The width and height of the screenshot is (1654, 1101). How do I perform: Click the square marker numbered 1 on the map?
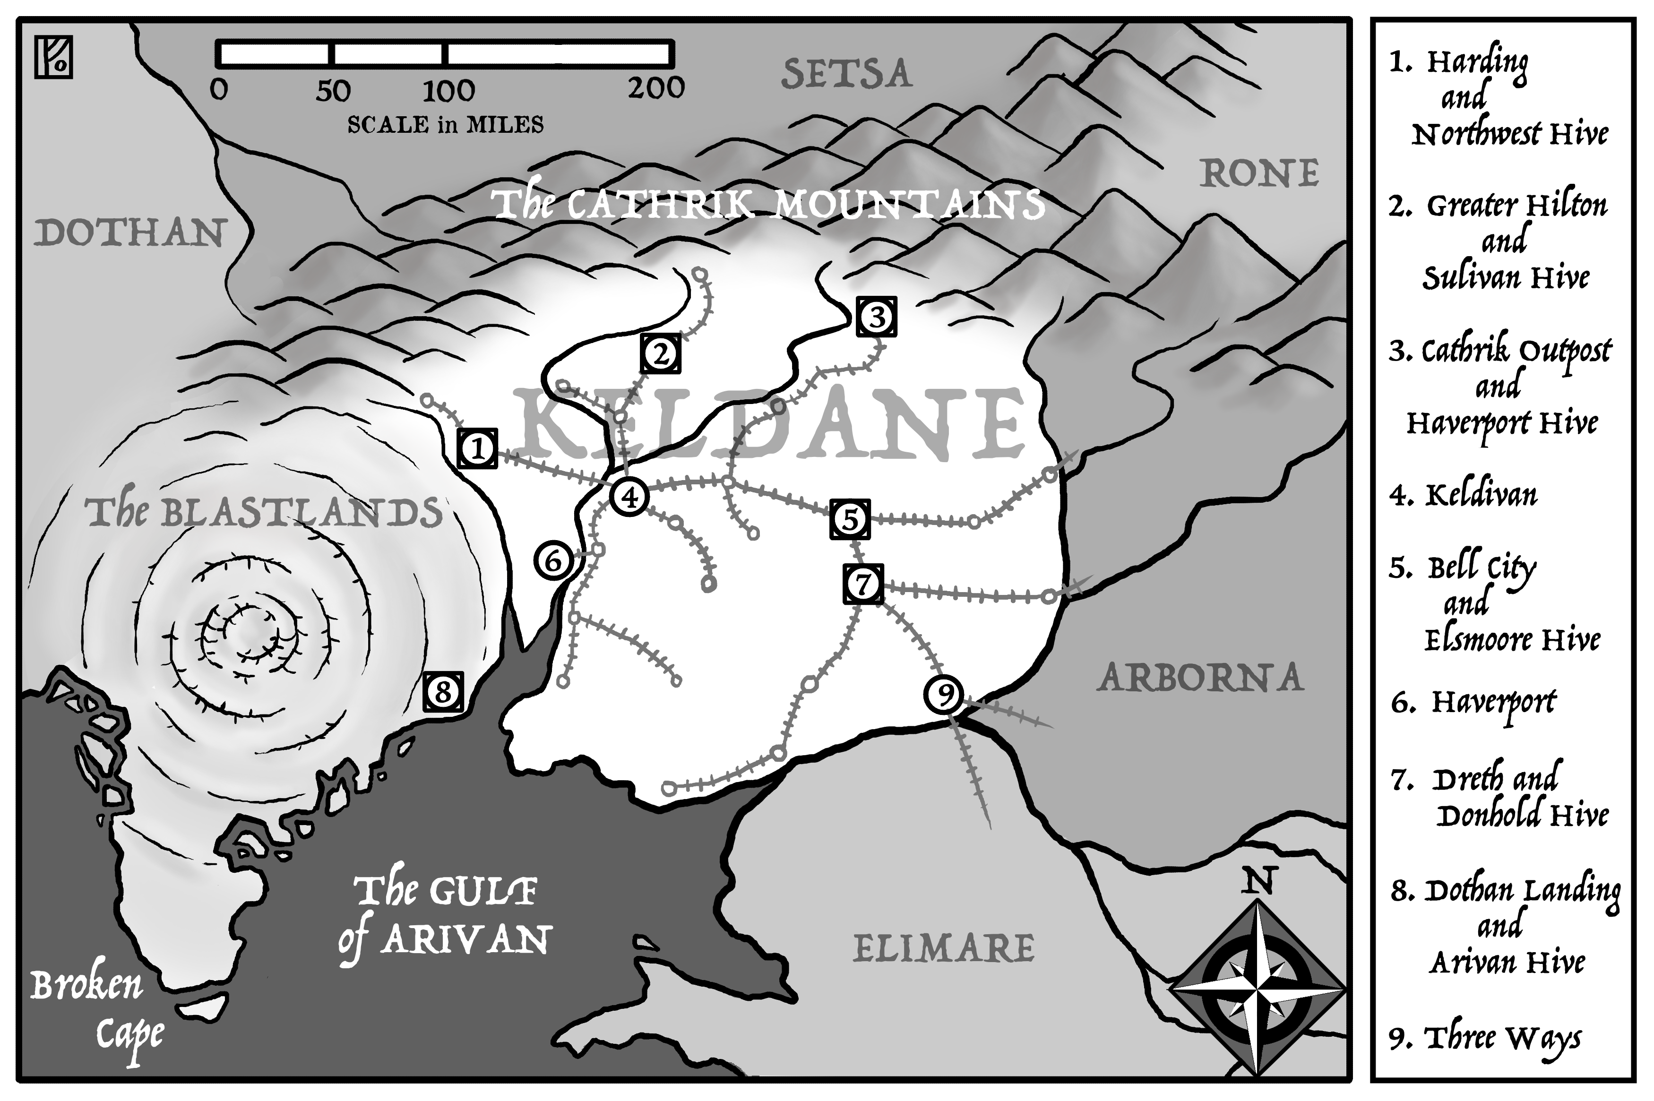click(477, 448)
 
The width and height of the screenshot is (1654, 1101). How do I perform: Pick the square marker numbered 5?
click(850, 519)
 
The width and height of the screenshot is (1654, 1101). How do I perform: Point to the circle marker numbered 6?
click(553, 561)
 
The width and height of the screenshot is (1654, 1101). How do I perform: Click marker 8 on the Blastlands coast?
click(443, 692)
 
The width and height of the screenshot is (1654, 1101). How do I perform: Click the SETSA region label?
click(847, 75)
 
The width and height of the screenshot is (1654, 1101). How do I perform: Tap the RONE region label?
click(1259, 174)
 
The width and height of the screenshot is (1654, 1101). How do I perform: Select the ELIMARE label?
click(943, 949)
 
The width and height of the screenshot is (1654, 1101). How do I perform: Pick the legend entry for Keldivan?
click(1464, 495)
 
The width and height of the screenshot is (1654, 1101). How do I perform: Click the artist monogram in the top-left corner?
click(53, 58)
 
